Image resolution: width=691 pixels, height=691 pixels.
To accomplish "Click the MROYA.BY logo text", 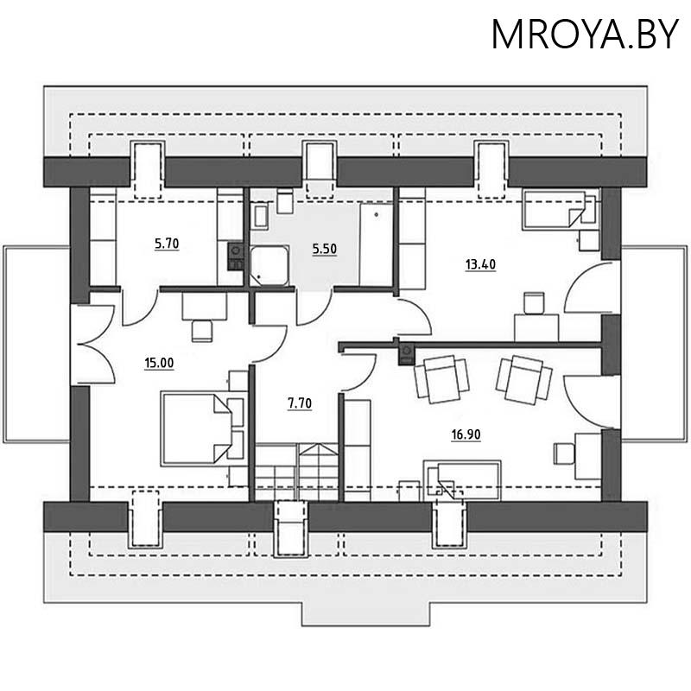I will (585, 35).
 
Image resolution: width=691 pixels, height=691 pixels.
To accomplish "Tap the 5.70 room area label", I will (166, 244).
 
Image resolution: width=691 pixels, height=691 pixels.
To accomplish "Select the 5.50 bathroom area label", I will (323, 249).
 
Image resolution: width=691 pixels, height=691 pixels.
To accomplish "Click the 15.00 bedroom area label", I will (161, 363).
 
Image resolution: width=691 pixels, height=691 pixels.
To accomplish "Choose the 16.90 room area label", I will (466, 434).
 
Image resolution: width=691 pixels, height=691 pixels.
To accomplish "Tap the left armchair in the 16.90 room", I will (441, 378).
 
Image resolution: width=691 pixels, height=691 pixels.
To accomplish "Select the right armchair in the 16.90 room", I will (524, 378).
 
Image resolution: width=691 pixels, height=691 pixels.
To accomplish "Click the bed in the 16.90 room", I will (462, 479).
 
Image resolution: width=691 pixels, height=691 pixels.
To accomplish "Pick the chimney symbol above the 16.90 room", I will (405, 354).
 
